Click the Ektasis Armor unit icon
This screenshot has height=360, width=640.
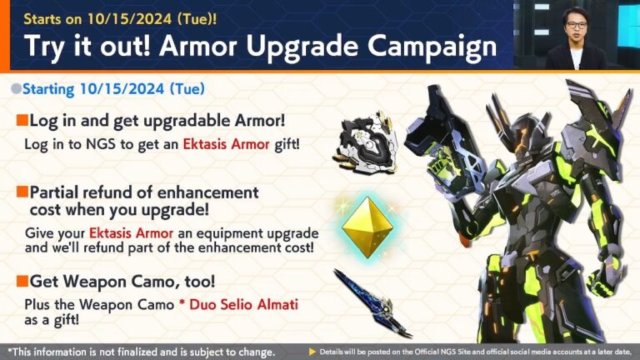(x=364, y=139)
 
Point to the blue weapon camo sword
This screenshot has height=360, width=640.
(x=371, y=302)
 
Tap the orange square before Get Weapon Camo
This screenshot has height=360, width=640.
(x=22, y=281)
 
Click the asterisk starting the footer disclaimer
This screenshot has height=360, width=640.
(x=10, y=350)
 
